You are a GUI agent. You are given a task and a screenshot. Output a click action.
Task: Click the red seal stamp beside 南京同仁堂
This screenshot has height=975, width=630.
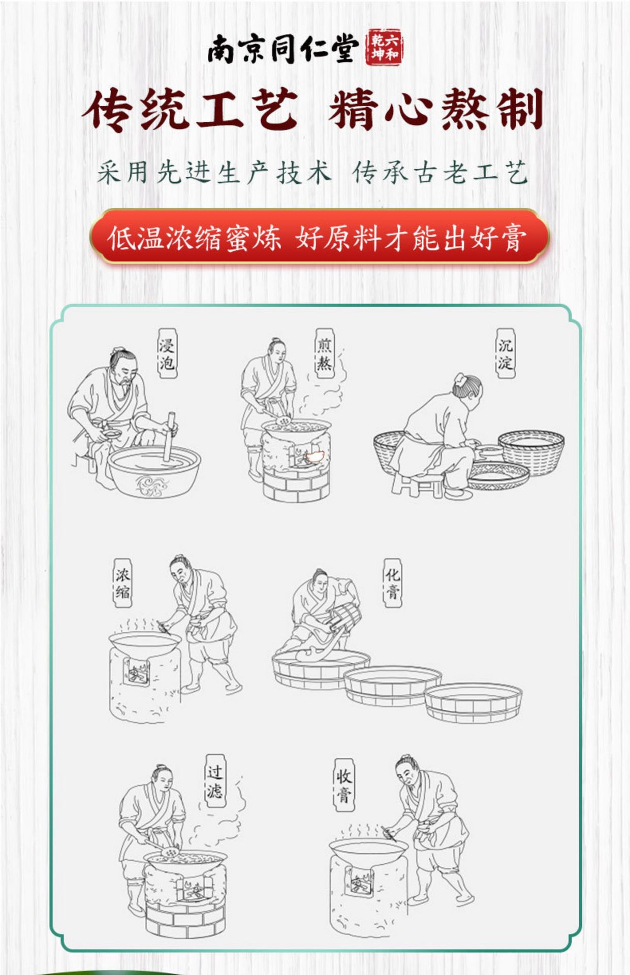(x=384, y=49)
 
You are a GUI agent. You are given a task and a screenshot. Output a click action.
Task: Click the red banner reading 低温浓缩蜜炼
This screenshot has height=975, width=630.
(x=320, y=236)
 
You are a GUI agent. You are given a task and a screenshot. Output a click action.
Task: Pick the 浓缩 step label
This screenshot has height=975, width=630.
(x=122, y=583)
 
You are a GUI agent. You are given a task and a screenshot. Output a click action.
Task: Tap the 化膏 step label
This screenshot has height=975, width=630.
(x=392, y=583)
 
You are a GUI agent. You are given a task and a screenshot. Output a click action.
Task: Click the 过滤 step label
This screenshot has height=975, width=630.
(x=214, y=782)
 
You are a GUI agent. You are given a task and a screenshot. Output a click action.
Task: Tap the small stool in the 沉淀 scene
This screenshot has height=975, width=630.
(x=417, y=485)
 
